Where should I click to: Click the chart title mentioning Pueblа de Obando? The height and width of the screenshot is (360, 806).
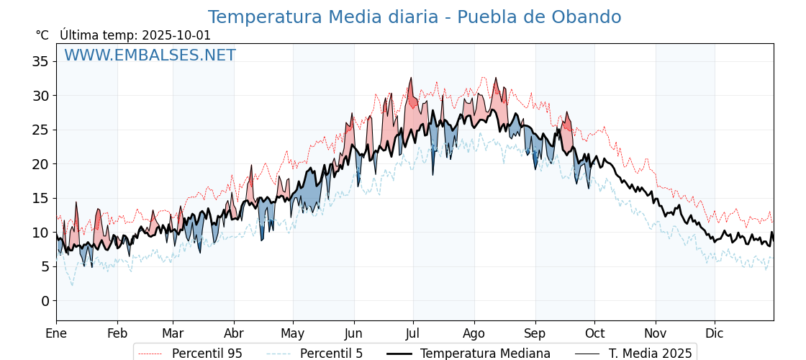(x=415, y=17)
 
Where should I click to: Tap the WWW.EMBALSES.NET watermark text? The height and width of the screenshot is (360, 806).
(x=150, y=55)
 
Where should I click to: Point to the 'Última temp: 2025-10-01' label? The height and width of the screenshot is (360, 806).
(x=135, y=35)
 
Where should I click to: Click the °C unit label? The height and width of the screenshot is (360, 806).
(x=42, y=35)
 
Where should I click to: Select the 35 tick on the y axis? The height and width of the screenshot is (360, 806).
(x=40, y=61)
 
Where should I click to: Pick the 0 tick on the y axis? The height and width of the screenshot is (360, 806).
(x=45, y=300)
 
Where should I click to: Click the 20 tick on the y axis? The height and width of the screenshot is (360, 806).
(x=40, y=163)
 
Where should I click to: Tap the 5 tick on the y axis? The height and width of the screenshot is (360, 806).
(x=45, y=266)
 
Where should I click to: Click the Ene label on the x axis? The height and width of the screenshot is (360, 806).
(x=56, y=334)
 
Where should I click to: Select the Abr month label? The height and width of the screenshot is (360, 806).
(x=234, y=334)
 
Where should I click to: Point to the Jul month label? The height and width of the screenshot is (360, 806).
(x=413, y=334)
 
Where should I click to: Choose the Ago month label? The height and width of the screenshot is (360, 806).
(x=474, y=334)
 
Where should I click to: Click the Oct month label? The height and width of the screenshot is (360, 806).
(x=594, y=334)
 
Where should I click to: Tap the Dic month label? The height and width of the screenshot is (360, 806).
(x=715, y=334)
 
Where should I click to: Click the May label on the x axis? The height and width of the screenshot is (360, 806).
(x=293, y=334)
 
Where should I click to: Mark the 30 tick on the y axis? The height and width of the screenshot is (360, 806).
(x=40, y=95)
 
